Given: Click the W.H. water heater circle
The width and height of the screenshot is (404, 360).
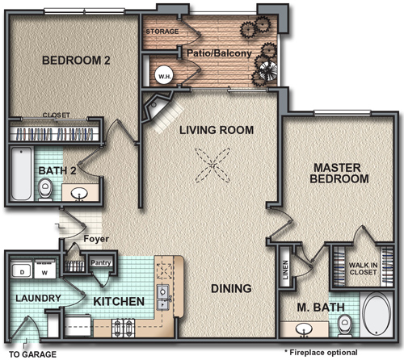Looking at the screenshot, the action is pos(164,76).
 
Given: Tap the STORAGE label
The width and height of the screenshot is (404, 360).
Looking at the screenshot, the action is pos(162,31).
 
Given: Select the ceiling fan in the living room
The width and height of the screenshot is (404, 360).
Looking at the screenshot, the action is pos(213,165).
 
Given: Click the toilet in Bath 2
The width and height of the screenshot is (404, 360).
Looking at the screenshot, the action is pos(45,190).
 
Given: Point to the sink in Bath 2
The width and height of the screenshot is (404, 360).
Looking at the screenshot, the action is pos(79,194).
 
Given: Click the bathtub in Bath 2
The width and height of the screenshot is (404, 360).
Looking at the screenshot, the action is pos(21,174).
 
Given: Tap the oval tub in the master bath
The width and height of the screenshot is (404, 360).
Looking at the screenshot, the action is pos(377,315).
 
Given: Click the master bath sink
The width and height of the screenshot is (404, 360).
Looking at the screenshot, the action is pos(304,330).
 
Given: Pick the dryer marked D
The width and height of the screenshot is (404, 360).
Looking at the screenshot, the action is pos(22,270).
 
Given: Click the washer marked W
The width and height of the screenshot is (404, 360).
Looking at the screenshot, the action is pos(45,270).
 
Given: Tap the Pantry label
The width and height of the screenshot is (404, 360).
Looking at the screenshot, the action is pos(101,262).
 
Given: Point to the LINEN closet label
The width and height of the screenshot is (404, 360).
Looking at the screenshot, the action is pos(285,270).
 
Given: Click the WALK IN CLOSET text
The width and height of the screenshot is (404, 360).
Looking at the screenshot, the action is pos(363,269).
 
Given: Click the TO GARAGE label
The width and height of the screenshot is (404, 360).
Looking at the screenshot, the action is pos(33,354).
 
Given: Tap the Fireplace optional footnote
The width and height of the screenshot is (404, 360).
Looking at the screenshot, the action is pos(321,352).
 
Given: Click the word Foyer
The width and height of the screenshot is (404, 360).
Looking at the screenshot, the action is pos(96,239).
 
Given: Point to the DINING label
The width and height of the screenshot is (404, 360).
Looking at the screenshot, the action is pos(231,289).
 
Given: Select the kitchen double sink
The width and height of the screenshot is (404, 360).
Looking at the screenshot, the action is pos(162,298).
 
